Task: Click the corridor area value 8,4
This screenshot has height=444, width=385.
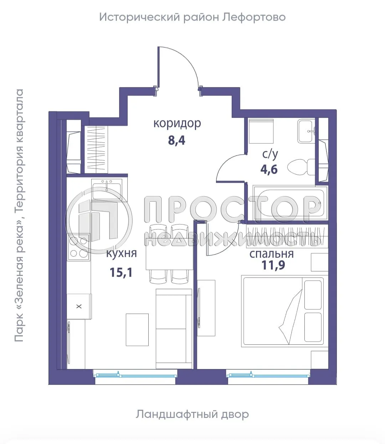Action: (176, 140)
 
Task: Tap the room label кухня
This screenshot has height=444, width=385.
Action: (121, 253)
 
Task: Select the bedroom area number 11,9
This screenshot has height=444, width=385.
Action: (273, 265)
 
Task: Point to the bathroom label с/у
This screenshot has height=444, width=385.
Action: (270, 154)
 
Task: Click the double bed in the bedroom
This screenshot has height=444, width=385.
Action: (283, 311)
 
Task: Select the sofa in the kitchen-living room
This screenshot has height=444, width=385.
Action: (174, 328)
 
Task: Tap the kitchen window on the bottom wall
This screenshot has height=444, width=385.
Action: (135, 375)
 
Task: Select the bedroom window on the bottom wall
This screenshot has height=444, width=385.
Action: (268, 375)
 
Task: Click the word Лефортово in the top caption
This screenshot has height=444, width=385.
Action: (254, 17)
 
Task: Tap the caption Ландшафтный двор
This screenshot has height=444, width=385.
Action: (192, 414)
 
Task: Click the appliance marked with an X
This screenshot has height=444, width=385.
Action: (79, 306)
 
